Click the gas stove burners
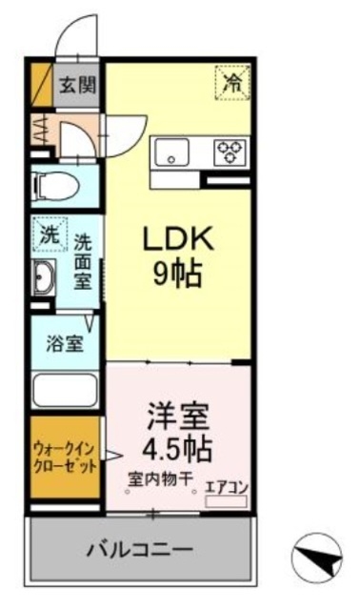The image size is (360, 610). (x=230, y=151)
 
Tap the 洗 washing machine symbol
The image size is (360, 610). (x=48, y=232)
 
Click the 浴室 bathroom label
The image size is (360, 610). (x=64, y=344)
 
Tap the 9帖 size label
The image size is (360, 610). (x=177, y=274)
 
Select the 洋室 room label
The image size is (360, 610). (x=178, y=416)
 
